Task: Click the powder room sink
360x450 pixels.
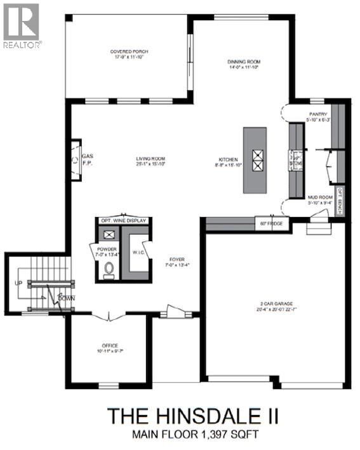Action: point(109,234)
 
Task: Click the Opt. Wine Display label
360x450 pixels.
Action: point(124,220)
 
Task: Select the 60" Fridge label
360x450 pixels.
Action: point(272,223)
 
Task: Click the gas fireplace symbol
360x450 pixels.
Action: point(76,160)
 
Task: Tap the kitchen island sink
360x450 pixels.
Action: point(258,160)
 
